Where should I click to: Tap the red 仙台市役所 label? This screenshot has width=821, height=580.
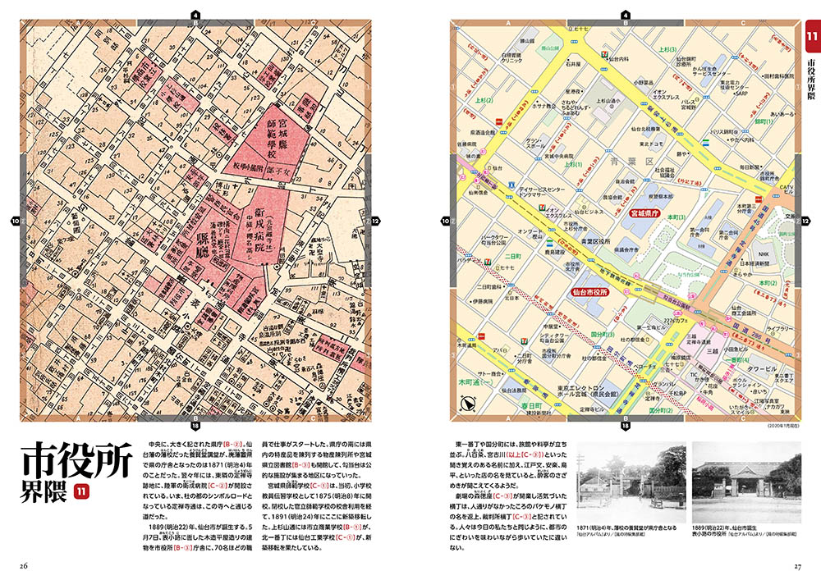click(589, 291)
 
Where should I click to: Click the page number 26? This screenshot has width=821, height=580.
click(25, 565)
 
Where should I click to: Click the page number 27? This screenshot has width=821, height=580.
click(796, 565)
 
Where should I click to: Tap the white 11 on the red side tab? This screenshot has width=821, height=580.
click(810, 38)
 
